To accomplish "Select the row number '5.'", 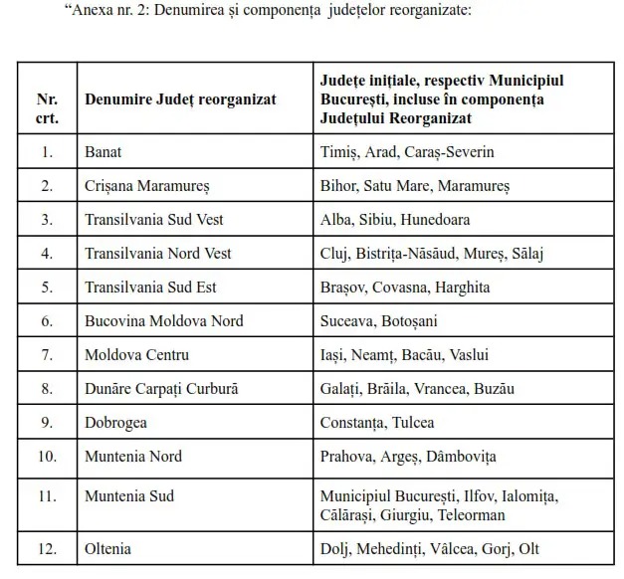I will (x=46, y=288).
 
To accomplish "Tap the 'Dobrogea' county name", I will (x=116, y=423).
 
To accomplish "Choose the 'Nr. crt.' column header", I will (x=47, y=108).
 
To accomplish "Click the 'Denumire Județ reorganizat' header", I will (x=180, y=99).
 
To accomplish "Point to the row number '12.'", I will (x=46, y=548).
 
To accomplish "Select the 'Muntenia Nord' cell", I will (x=132, y=457).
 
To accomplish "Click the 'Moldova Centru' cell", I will (x=136, y=355).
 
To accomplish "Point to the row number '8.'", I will (x=46, y=389).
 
